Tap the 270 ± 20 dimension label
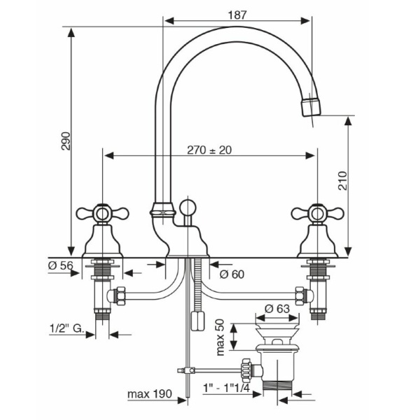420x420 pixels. tap(211, 150)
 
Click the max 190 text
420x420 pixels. tap(149, 395)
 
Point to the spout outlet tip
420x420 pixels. tap(309, 108)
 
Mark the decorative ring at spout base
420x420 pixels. tap(162, 207)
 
